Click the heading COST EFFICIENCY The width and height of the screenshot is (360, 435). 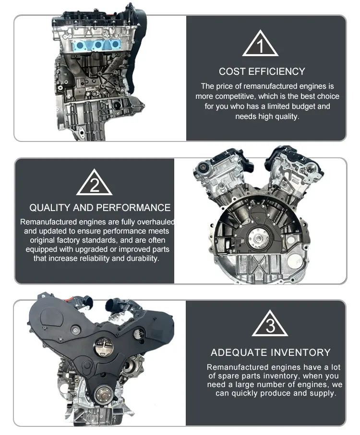262,71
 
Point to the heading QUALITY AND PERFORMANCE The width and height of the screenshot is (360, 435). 100,208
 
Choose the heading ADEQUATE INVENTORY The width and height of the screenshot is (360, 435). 270,353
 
